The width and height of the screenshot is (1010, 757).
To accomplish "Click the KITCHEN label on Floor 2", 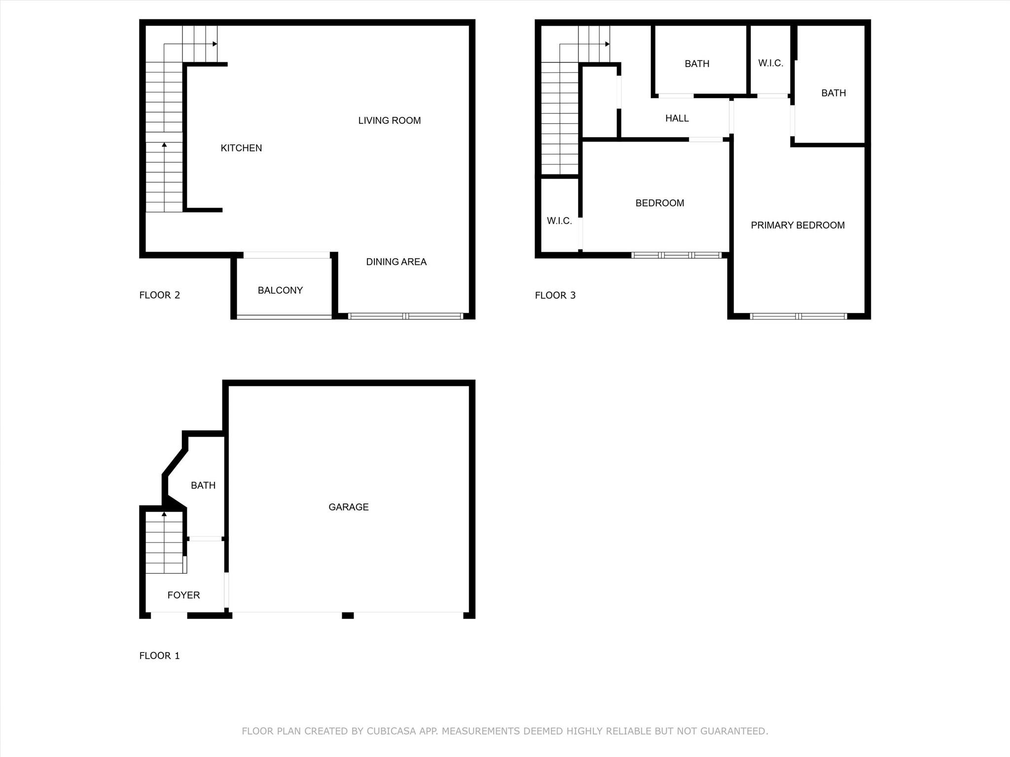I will pyautogui.click(x=241, y=148).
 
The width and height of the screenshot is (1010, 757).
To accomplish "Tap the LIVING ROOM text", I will pyautogui.click(x=389, y=120).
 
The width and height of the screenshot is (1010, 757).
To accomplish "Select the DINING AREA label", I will pyautogui.click(x=396, y=262).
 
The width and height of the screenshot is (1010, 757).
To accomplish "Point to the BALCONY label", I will pyautogui.click(x=280, y=290).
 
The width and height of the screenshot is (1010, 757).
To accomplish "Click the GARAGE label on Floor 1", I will pyautogui.click(x=348, y=507).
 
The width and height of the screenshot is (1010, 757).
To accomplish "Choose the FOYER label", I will pyautogui.click(x=183, y=595).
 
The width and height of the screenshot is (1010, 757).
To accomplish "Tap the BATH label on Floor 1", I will pyautogui.click(x=203, y=485).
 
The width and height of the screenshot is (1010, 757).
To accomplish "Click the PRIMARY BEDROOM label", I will pyautogui.click(x=797, y=225).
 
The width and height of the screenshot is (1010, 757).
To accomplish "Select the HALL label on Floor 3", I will pyautogui.click(x=677, y=118).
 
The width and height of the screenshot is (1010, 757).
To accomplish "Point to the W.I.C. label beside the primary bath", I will pyautogui.click(x=770, y=63).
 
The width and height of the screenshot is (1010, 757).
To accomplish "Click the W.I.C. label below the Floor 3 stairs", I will pyautogui.click(x=559, y=221).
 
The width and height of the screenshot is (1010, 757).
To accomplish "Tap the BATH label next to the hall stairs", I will pyautogui.click(x=697, y=64).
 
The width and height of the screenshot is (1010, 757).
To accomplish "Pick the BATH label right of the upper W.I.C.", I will pyautogui.click(x=833, y=93).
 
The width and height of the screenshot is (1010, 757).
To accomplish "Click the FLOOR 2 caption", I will pyautogui.click(x=159, y=295).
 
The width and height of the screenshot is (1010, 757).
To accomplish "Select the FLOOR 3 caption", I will pyautogui.click(x=555, y=295).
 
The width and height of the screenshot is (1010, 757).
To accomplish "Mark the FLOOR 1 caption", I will pyautogui.click(x=159, y=655).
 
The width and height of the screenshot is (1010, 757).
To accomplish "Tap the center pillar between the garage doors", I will pyautogui.click(x=348, y=615).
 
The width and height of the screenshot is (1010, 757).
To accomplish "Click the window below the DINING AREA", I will pyautogui.click(x=405, y=316).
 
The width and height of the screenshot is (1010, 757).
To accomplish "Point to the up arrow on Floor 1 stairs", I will pyautogui.click(x=164, y=515).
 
